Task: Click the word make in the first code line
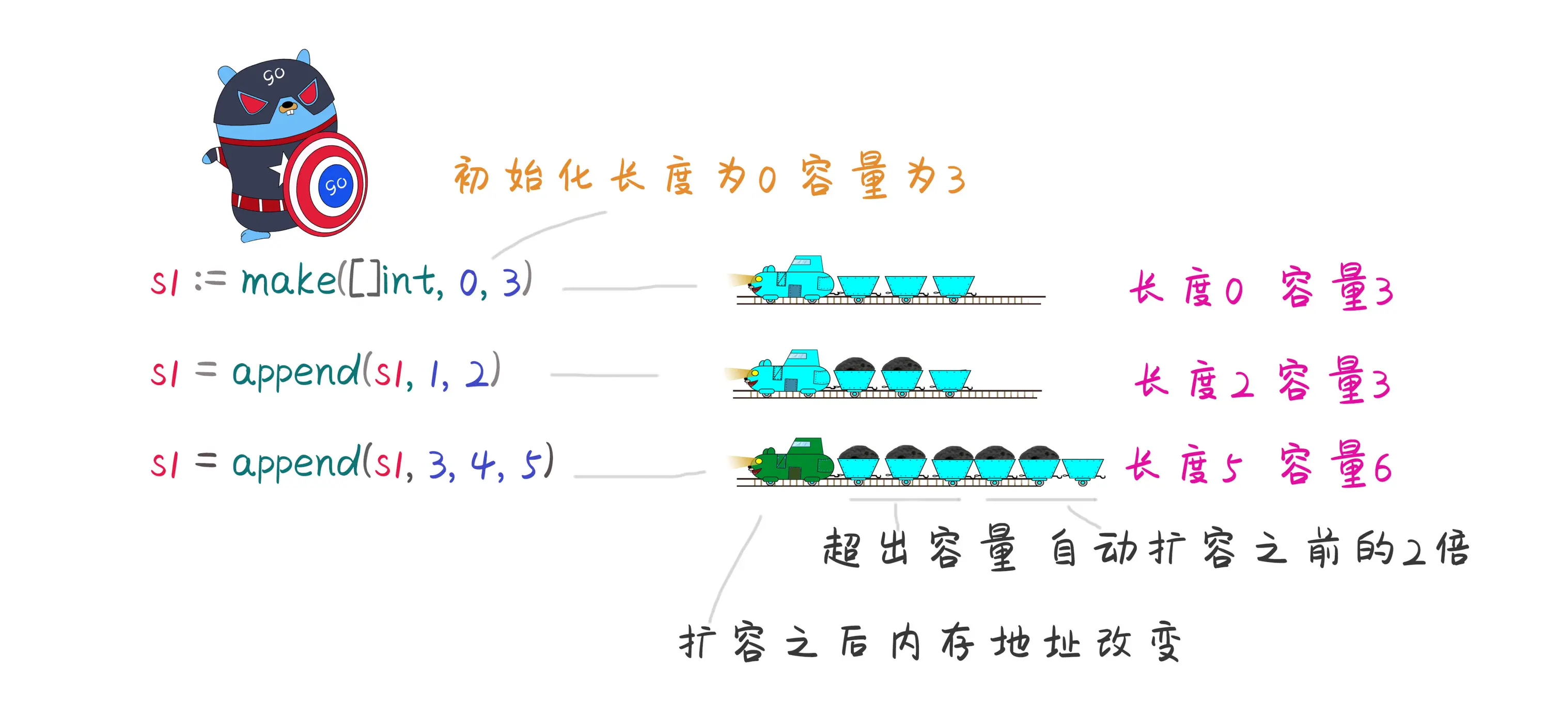(289, 281)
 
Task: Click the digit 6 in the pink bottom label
(1383, 469)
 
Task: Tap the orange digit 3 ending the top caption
(956, 180)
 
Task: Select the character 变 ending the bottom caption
(1164, 643)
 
